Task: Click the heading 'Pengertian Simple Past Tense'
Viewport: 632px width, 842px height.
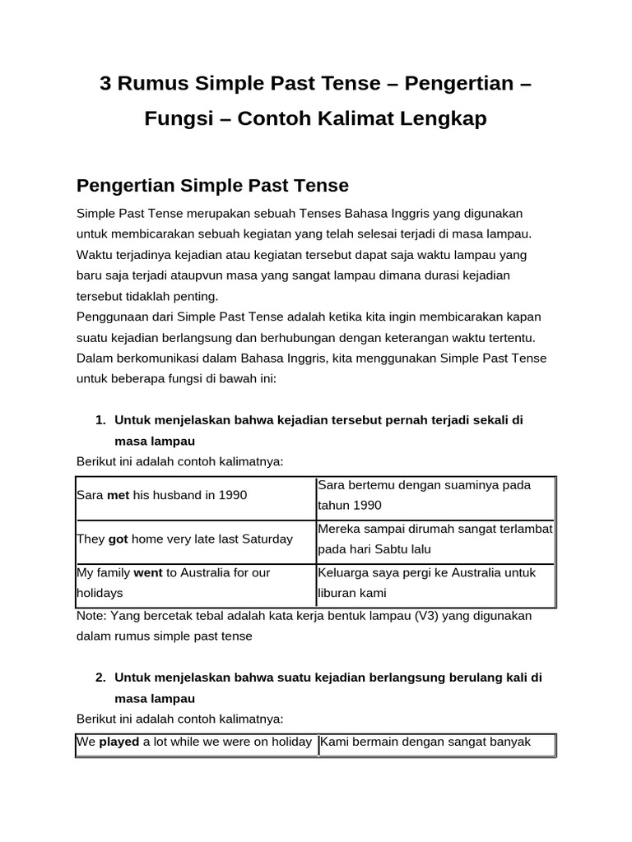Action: tap(212, 185)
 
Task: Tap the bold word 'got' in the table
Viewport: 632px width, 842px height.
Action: tap(118, 539)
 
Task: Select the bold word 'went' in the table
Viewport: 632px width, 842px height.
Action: tap(147, 572)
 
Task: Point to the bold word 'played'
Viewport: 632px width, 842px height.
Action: tap(119, 742)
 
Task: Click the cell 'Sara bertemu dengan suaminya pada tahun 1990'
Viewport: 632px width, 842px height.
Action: tap(435, 495)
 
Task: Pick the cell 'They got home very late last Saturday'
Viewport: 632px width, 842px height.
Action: tap(196, 539)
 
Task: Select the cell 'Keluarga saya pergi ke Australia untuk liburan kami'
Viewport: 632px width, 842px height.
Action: tap(435, 582)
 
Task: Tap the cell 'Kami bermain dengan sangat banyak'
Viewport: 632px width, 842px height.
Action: tap(435, 743)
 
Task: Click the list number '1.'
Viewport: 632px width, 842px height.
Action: tap(100, 420)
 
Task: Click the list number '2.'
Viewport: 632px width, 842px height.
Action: tap(100, 678)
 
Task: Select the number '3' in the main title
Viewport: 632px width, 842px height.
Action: tap(105, 84)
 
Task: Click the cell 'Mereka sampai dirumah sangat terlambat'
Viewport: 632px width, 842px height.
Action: tap(435, 530)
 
